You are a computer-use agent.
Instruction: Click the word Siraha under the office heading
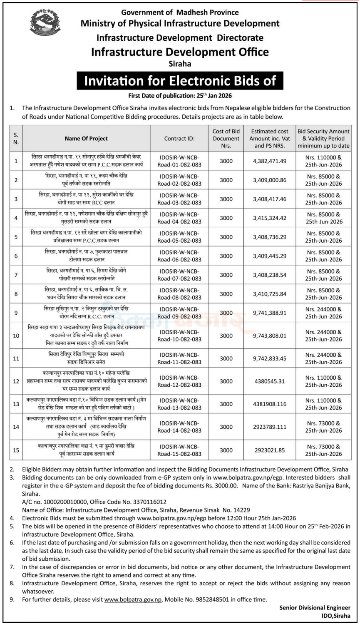pyautogui.click(x=180, y=64)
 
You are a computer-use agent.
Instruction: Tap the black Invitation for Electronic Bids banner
pyautogui.click(x=180, y=80)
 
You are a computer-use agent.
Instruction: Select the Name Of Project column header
pyautogui.click(x=86, y=139)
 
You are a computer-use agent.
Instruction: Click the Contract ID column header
pyautogui.click(x=179, y=139)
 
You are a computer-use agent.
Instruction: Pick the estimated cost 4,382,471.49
pyautogui.click(x=270, y=161)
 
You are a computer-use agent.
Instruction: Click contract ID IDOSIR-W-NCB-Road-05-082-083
pyautogui.click(x=179, y=237)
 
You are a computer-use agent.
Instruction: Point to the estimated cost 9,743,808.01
pyautogui.click(x=270, y=336)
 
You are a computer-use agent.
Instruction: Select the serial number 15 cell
pyautogui.click(x=16, y=450)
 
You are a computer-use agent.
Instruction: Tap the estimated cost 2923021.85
pyautogui.click(x=270, y=450)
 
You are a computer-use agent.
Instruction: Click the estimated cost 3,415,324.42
pyautogui.click(x=270, y=218)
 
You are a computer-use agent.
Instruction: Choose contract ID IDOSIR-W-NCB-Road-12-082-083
pyautogui.click(x=179, y=381)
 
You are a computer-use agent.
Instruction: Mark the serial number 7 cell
pyautogui.click(x=16, y=275)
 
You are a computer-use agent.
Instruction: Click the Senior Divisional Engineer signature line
pyautogui.click(x=315, y=608)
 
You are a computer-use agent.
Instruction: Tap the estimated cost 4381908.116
pyautogui.click(x=270, y=404)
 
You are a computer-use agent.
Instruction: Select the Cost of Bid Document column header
pyautogui.click(x=226, y=139)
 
